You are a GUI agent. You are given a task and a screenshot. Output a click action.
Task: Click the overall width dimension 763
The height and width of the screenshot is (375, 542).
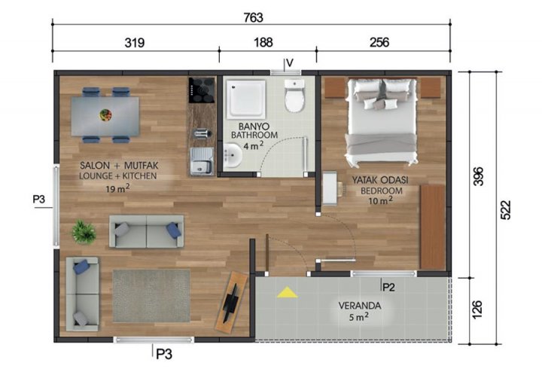click(x=252, y=17)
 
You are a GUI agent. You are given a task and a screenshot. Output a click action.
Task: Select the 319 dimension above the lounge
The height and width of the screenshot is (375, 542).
click(x=135, y=42)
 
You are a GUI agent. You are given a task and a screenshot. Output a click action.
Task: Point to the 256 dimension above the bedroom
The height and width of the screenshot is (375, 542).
click(x=379, y=42)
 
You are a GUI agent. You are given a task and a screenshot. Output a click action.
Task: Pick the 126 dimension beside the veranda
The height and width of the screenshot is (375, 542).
click(x=480, y=309)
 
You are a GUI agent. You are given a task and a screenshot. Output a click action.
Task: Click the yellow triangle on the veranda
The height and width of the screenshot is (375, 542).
click(x=286, y=292)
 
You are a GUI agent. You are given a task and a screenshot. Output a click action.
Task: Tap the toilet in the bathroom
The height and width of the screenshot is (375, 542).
click(x=294, y=98)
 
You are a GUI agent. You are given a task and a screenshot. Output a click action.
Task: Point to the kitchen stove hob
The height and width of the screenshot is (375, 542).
click(x=202, y=90)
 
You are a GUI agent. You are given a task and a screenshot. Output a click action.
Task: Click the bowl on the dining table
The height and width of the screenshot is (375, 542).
click(x=106, y=114)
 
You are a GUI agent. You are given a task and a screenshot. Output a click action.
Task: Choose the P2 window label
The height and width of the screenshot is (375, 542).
click(x=389, y=287)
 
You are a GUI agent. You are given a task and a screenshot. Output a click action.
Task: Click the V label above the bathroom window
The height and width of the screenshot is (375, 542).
click(x=288, y=63)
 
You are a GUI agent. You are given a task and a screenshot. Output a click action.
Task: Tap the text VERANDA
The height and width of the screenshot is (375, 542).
click(x=358, y=306)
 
